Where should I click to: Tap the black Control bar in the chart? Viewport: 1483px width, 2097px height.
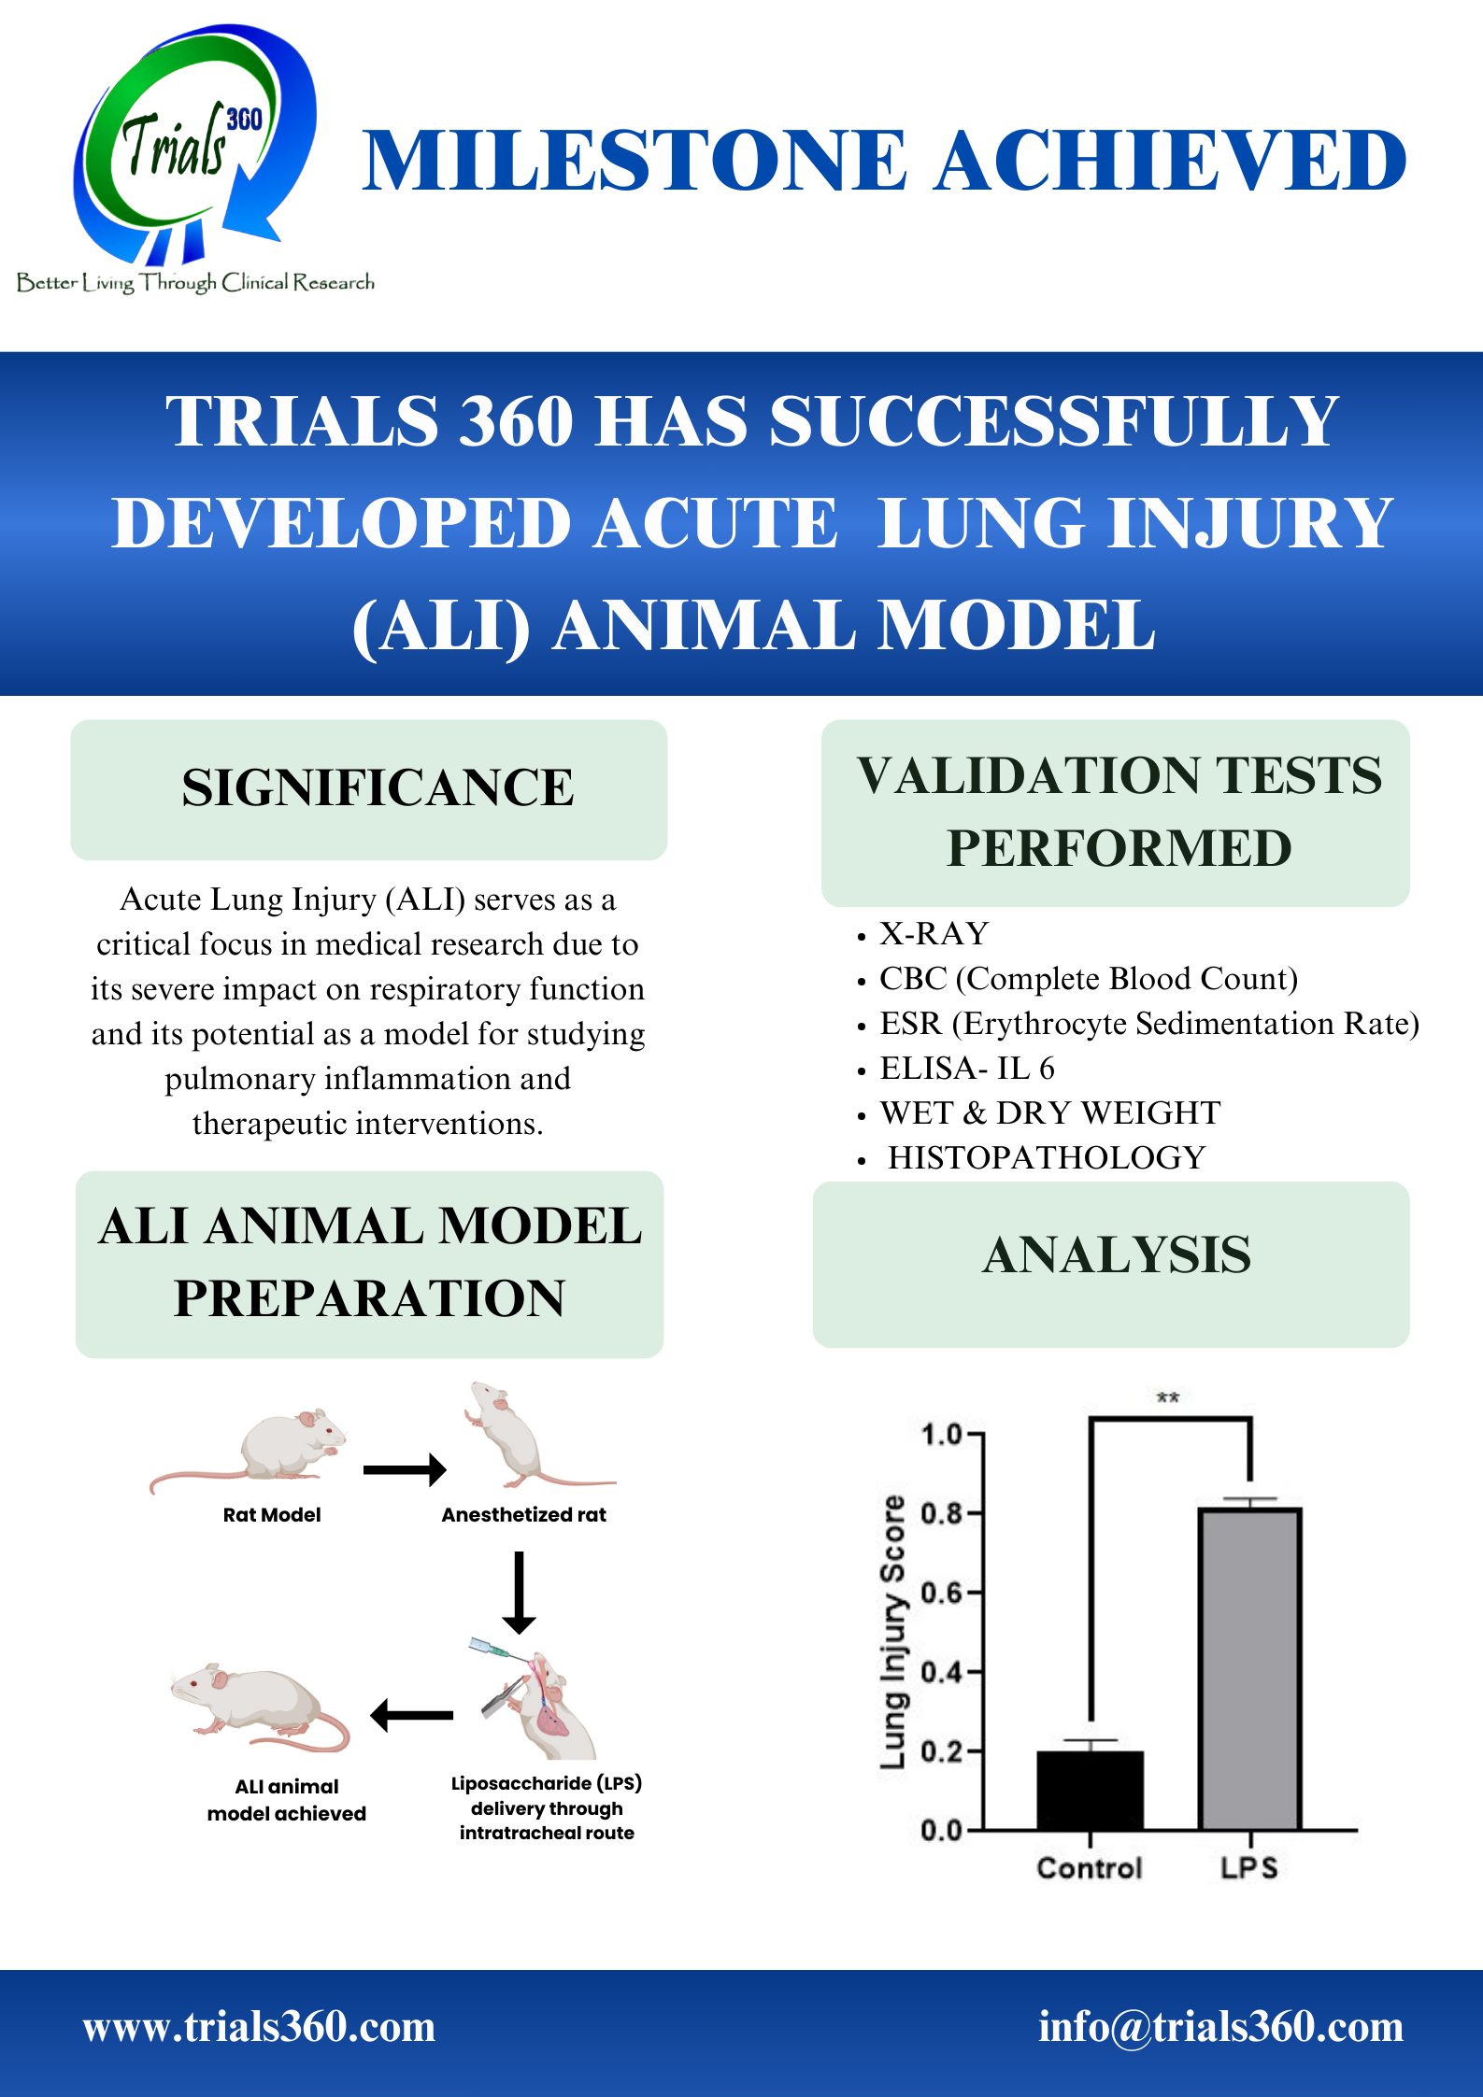[x=1090, y=1790]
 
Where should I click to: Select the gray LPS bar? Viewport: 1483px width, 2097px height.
[x=1250, y=1668]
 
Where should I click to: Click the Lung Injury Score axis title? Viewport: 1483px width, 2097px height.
[x=893, y=1632]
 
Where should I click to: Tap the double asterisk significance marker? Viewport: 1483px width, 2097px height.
[x=1168, y=1398]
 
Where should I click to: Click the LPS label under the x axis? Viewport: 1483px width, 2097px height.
[x=1249, y=1868]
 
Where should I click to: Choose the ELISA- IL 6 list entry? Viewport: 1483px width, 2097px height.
[x=967, y=1068]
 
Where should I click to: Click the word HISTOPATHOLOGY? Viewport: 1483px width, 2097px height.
[x=1047, y=1157]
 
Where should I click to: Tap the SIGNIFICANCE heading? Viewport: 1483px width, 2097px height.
[x=378, y=787]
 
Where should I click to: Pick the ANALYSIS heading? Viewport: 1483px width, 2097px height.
[x=1117, y=1254]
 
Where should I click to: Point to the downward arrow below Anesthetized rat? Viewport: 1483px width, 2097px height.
[x=519, y=1592]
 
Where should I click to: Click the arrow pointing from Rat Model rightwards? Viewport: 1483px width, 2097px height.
[x=405, y=1469]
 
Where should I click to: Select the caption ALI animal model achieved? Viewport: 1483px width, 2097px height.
[x=287, y=1800]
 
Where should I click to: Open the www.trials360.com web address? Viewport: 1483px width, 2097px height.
[x=259, y=2027]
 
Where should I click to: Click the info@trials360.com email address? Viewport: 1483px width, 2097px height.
[x=1221, y=2027]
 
